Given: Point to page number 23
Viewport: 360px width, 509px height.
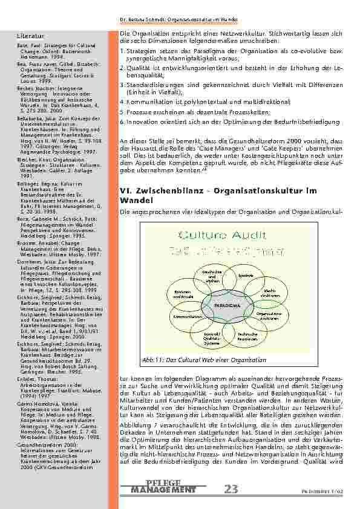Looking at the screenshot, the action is [x=231, y=488].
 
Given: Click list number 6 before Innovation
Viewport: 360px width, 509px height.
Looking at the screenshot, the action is [x=122, y=121].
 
